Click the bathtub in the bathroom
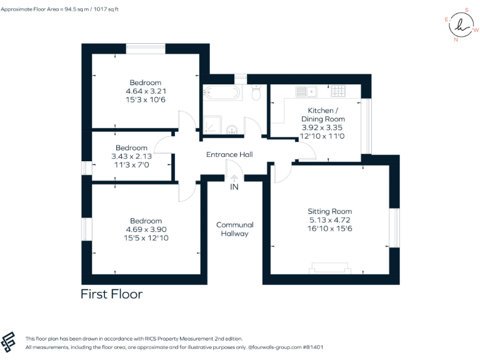[222, 93]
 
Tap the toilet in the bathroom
[256, 93]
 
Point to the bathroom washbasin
[232, 129]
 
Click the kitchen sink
[307, 92]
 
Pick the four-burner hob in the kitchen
[339, 92]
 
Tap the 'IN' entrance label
[234, 187]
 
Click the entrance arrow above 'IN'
[234, 177]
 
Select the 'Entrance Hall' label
[229, 154]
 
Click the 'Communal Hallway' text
[234, 229]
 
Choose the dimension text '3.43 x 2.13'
[131, 156]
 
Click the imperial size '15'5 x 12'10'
[146, 237]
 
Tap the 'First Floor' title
[112, 294]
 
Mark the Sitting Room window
[394, 227]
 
